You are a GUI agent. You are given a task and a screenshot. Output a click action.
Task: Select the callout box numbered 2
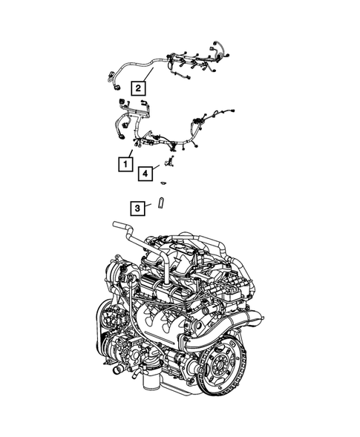click(137, 87)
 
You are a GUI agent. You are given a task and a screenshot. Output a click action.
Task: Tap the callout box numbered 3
click(137, 208)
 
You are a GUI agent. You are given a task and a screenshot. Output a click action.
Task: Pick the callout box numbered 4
click(146, 174)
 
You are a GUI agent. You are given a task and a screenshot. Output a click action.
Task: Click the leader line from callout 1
click(132, 151)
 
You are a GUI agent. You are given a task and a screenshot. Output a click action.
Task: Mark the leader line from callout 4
click(159, 168)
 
